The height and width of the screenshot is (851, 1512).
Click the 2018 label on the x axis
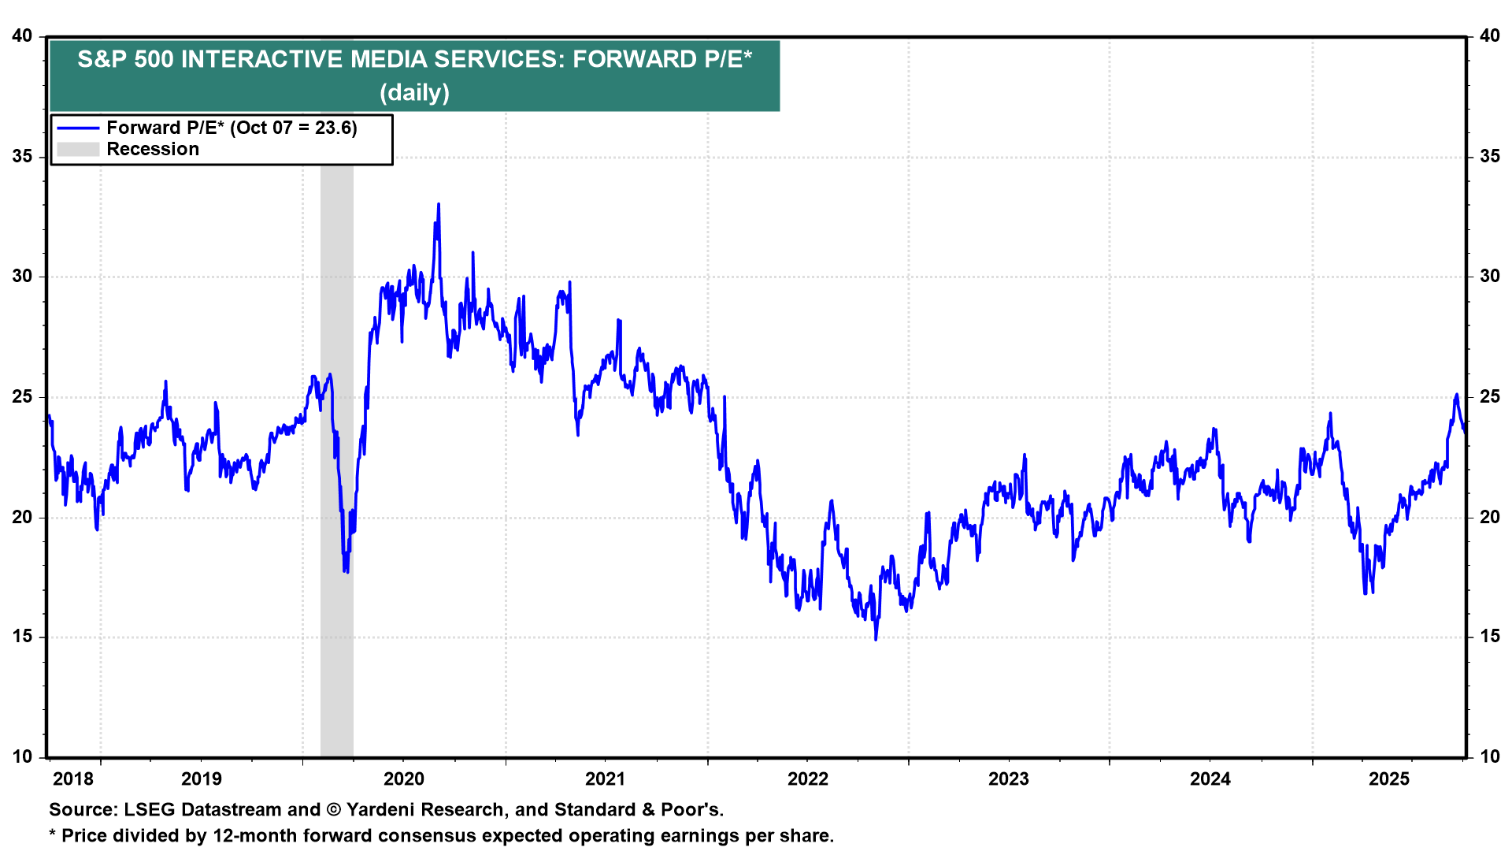(x=72, y=779)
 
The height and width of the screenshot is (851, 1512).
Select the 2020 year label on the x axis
(x=403, y=779)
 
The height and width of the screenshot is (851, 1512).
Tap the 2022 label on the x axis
(x=808, y=779)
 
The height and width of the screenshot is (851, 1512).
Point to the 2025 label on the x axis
(x=1389, y=779)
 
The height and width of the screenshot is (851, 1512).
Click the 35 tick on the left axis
(x=22, y=156)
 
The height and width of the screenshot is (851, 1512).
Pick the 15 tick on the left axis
(x=22, y=637)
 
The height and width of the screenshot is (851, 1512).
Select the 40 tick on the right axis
(x=1490, y=36)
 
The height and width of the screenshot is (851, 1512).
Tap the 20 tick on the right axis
(x=1490, y=517)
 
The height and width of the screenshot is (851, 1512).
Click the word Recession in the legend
(x=153, y=150)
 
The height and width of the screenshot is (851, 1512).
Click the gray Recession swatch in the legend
(x=78, y=150)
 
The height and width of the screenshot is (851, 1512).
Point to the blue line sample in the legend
(x=78, y=128)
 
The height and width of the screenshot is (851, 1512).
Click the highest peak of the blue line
(x=439, y=204)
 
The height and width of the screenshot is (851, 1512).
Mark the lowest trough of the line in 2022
(x=876, y=639)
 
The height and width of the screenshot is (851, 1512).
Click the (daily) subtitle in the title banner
(x=414, y=93)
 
